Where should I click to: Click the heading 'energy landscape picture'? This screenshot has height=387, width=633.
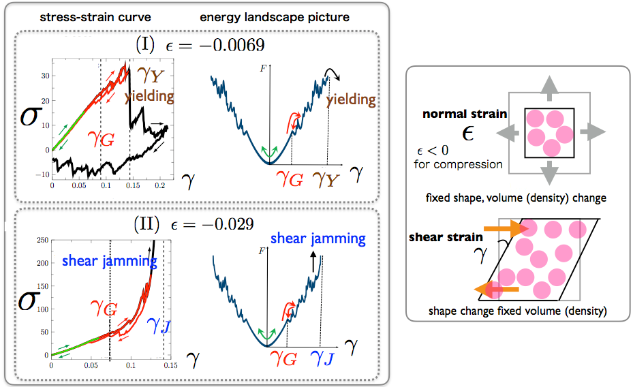click(275, 16)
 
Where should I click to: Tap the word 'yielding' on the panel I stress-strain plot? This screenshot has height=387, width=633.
click(149, 96)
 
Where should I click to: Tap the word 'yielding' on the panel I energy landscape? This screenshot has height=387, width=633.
click(351, 99)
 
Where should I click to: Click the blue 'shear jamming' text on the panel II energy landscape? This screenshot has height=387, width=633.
click(318, 238)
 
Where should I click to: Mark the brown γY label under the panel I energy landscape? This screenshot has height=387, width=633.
click(326, 181)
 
